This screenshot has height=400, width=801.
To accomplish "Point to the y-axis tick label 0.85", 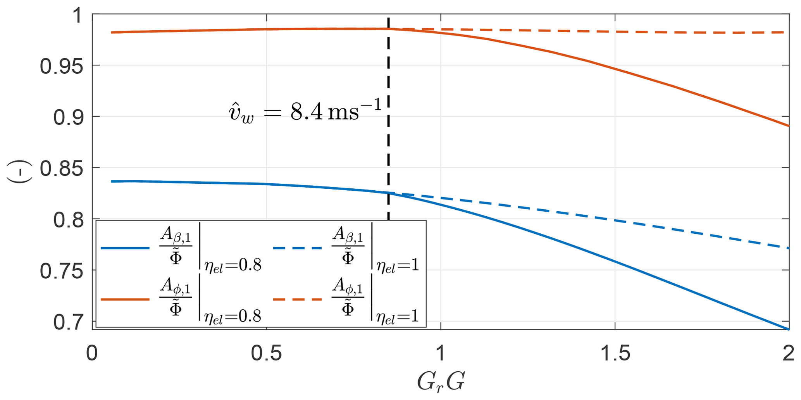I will (61, 169).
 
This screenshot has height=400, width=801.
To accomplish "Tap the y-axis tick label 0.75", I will (61, 272).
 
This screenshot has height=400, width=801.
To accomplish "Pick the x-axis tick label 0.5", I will (267, 354).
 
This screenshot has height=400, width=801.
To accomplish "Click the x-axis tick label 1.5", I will (615, 354).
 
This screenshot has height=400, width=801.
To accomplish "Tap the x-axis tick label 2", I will (787, 354).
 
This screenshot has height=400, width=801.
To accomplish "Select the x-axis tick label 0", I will (92, 354).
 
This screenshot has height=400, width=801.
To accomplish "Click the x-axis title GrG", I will (441, 382).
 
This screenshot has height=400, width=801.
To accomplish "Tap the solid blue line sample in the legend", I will (125, 248).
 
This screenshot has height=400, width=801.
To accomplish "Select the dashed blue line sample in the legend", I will (297, 248).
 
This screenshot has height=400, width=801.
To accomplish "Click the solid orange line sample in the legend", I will (125, 300).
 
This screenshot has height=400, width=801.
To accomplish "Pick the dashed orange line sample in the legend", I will (297, 300).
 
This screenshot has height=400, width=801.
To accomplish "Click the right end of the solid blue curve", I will (788, 329).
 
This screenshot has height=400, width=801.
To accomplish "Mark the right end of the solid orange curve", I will (788, 126).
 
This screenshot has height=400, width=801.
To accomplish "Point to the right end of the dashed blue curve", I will (788, 248).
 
